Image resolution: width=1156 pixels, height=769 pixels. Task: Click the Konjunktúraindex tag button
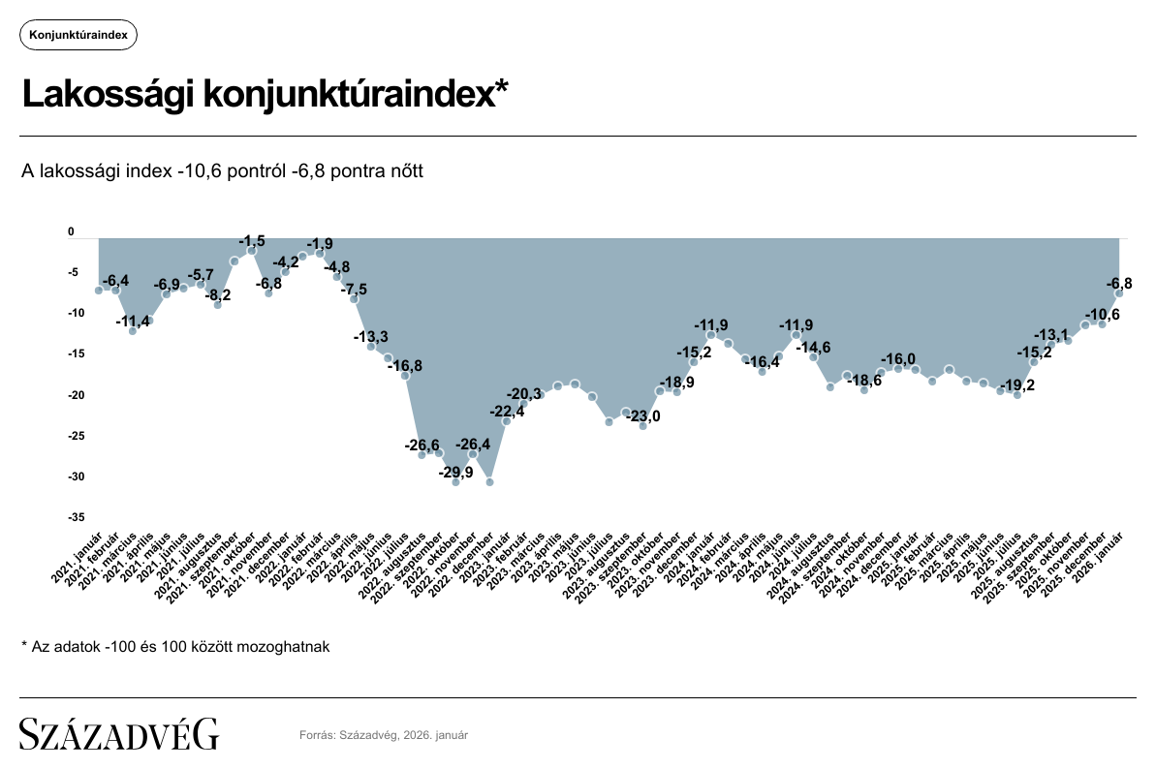click(x=78, y=35)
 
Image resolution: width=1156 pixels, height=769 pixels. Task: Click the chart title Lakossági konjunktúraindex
click(x=265, y=95)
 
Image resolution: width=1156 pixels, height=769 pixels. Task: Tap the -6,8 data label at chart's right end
click(x=1119, y=283)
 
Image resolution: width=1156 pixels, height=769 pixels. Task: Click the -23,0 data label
click(x=642, y=416)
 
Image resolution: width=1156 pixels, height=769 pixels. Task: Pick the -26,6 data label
click(x=422, y=446)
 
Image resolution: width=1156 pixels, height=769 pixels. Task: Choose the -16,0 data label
click(x=898, y=358)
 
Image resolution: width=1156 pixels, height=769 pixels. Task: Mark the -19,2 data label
click(x=1017, y=384)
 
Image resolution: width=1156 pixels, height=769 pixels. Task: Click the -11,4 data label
click(x=133, y=322)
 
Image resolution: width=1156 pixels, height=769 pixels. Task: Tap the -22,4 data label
click(x=506, y=412)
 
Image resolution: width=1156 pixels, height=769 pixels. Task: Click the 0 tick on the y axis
click(x=71, y=232)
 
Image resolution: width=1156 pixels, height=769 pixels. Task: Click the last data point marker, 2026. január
click(x=1119, y=293)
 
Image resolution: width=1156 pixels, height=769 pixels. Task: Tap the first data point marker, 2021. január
click(x=99, y=291)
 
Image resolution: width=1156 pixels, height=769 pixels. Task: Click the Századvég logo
click(x=119, y=733)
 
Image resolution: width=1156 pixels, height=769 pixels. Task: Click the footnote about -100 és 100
click(x=175, y=646)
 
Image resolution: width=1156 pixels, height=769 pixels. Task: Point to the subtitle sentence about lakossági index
click(x=223, y=171)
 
